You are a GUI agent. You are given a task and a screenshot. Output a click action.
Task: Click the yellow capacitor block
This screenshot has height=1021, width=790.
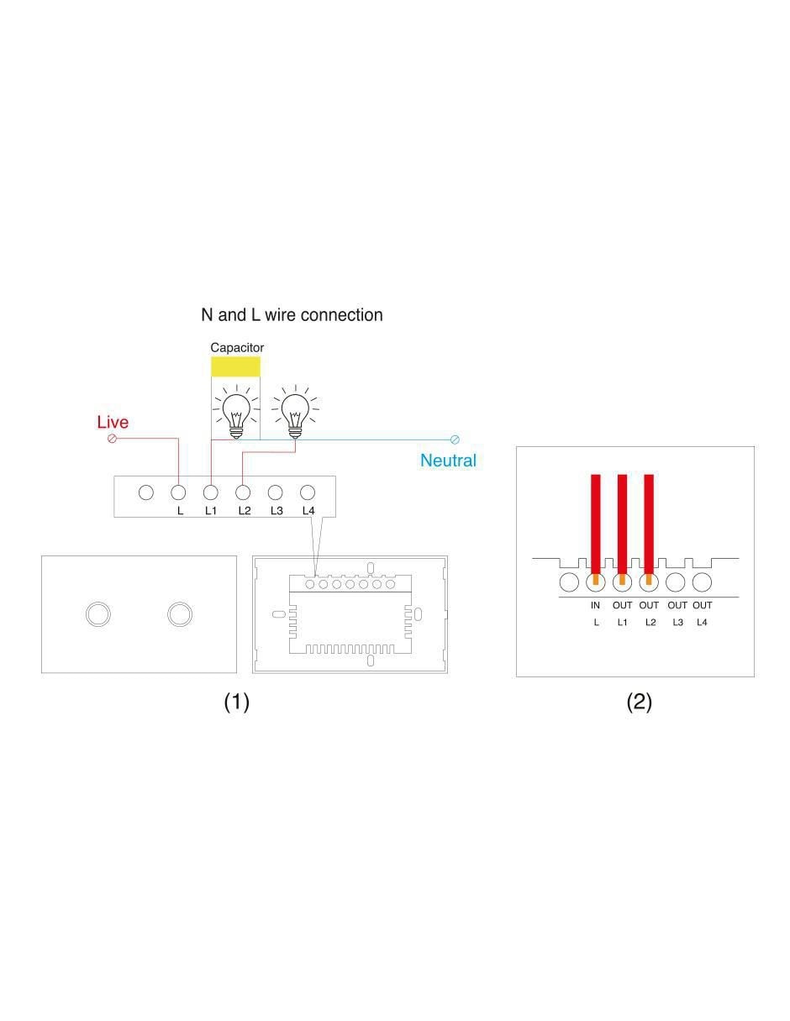[235, 366]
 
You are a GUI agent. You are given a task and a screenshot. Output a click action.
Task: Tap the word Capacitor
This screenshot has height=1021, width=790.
[237, 347]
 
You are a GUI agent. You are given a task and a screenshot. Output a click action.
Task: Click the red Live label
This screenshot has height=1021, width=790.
[113, 422]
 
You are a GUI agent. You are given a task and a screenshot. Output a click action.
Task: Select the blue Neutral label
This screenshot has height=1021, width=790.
[448, 461]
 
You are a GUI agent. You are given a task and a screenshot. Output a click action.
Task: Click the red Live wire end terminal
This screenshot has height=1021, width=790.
[113, 439]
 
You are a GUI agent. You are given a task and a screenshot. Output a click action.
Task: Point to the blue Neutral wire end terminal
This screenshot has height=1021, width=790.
[454, 439]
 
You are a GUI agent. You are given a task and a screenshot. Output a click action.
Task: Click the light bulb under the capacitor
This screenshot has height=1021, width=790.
[236, 413]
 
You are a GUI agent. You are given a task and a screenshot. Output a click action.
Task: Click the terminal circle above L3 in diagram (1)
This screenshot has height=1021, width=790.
[275, 492]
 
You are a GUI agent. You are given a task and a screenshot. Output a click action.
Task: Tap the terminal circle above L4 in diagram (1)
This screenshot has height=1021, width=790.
[307, 492]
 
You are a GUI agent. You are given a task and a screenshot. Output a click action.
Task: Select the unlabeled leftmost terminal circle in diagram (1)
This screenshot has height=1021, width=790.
[146, 492]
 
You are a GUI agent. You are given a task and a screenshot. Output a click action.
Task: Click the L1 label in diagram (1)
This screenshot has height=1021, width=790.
[211, 511]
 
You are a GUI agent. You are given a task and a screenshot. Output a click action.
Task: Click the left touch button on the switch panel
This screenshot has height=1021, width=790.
[98, 614]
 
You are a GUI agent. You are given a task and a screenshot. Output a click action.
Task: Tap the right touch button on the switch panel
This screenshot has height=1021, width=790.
[180, 614]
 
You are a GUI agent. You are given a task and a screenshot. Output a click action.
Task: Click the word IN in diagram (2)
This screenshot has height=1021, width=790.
[595, 605]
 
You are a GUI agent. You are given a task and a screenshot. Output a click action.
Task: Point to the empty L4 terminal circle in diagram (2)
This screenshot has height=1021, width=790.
[702, 582]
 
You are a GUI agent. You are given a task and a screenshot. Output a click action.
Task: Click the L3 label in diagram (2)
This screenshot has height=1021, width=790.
[677, 623]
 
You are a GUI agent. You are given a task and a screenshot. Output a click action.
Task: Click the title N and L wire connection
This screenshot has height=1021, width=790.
[292, 315]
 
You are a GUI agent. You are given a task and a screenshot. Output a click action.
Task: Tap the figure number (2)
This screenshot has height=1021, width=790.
[639, 702]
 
